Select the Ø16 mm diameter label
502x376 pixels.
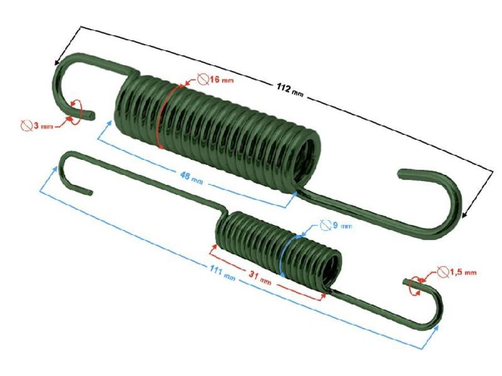tap(215, 80)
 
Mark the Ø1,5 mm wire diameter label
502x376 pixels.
tap(458, 272)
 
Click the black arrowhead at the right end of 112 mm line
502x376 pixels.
tap(465, 214)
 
